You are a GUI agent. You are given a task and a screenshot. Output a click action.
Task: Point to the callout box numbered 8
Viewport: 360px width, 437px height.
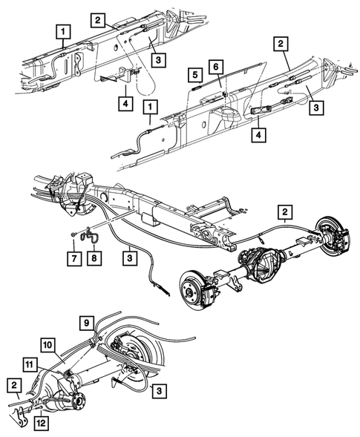pos(94,258)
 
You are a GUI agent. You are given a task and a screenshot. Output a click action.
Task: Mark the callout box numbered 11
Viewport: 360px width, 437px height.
pos(29,364)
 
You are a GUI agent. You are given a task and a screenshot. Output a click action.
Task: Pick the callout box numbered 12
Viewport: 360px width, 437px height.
pos(39,423)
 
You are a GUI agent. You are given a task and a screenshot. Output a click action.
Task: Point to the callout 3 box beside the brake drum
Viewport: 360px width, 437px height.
pos(159,389)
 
